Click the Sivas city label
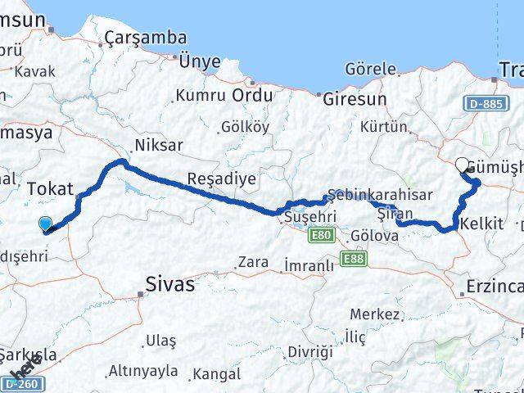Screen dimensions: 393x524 point(170,284)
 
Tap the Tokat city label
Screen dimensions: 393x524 point(51,188)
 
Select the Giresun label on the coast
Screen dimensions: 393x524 point(355,99)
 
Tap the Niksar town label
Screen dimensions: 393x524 point(158,145)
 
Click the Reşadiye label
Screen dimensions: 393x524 point(210,178)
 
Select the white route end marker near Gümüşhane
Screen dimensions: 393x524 point(463,165)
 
